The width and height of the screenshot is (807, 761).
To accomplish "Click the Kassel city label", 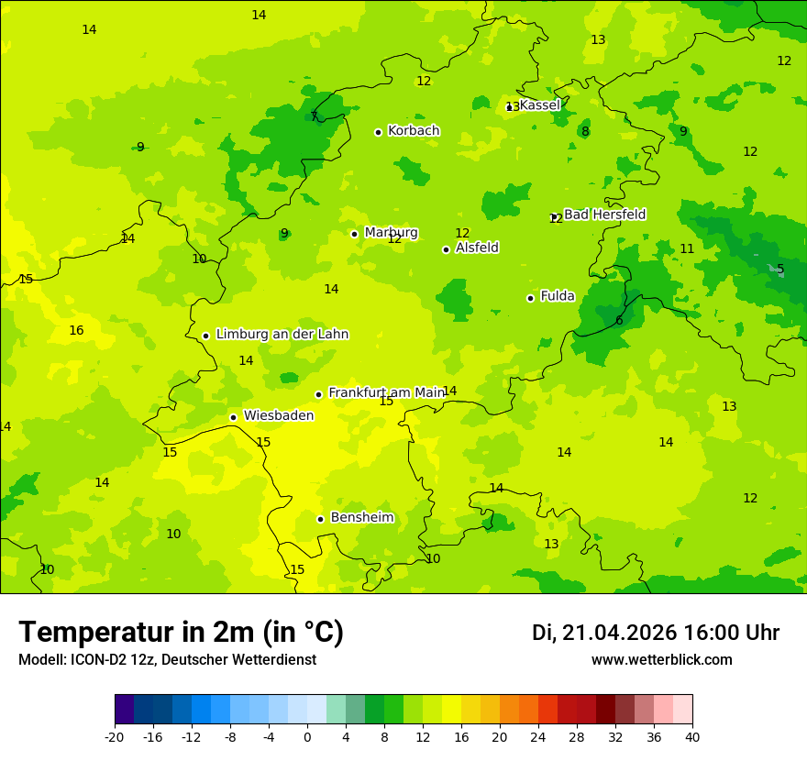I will coord(539,105).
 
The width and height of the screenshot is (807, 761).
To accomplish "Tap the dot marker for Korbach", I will coord(378,132).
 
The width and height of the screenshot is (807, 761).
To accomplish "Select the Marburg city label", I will coord(391,233).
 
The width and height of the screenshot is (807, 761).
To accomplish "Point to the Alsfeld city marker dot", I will coord(446,249).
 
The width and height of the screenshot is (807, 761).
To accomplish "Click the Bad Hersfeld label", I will coord(604,215).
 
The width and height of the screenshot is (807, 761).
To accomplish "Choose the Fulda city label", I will coord(558,296).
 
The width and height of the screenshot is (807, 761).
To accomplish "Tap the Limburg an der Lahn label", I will coord(282,335).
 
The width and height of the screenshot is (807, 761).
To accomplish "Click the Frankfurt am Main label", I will coord(386,392).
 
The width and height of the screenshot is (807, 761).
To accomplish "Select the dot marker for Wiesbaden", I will coord(233,417).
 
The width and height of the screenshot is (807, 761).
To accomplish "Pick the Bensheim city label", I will coord(361,518).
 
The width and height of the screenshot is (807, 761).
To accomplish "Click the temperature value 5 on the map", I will coord(780,269).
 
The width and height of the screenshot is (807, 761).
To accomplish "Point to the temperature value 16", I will coord(76,330).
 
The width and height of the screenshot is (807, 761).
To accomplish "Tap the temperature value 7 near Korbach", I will coord(314,116).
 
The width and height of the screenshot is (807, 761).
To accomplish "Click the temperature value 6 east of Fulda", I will coord(619,320).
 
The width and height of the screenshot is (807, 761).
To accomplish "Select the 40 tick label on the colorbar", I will coord(691,736).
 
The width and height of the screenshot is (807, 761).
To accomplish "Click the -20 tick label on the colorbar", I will coord(115,736).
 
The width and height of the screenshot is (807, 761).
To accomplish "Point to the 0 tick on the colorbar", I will coord(307,736).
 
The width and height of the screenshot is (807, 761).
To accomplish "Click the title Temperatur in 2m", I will coord(181,632).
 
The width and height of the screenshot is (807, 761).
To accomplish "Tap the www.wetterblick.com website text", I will coord(661,660).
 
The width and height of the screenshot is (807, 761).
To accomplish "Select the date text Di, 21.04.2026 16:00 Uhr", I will coord(656,633).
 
